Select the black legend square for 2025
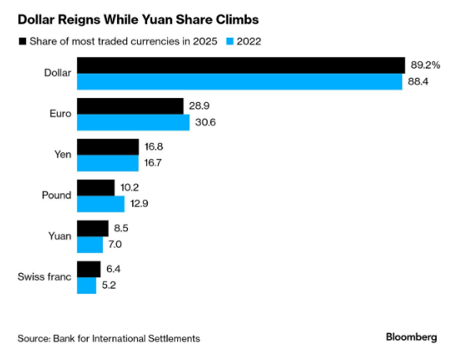(x=21, y=40)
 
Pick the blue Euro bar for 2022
(x=133, y=122)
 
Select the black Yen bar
(x=108, y=147)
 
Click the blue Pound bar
(x=100, y=203)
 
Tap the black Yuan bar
(x=92, y=229)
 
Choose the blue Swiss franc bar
(x=86, y=285)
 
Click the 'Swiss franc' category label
(x=43, y=277)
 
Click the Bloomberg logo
(x=411, y=337)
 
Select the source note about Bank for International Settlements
(x=109, y=338)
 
